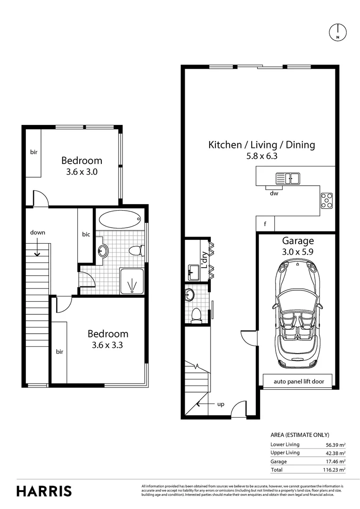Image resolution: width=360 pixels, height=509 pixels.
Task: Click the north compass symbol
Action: (338, 32)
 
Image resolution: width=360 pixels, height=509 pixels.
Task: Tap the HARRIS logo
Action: (44, 491)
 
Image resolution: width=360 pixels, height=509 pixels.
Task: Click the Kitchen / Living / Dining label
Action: (262, 145)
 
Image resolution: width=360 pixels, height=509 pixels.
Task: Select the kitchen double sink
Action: (288, 179)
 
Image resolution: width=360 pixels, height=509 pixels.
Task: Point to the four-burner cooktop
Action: (327, 200)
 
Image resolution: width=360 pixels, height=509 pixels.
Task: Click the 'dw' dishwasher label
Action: (273, 193)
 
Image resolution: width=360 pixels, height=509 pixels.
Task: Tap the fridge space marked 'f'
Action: (265, 224)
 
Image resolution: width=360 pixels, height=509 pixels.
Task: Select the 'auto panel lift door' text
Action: (299, 381)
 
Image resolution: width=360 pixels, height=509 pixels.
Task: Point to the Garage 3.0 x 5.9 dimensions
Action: (298, 252)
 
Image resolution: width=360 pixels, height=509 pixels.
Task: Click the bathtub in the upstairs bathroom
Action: (120, 219)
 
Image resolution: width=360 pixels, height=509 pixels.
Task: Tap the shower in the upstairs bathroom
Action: (133, 281)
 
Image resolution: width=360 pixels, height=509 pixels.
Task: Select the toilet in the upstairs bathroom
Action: (135, 250)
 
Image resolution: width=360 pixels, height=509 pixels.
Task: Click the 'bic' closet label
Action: (86, 234)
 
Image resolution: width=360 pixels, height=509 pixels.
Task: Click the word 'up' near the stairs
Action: (220, 404)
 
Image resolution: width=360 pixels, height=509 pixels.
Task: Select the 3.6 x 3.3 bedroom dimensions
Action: (108, 345)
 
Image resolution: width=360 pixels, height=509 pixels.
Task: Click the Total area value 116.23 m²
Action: (335, 470)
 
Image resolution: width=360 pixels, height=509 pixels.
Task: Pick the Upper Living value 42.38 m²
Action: (335, 453)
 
